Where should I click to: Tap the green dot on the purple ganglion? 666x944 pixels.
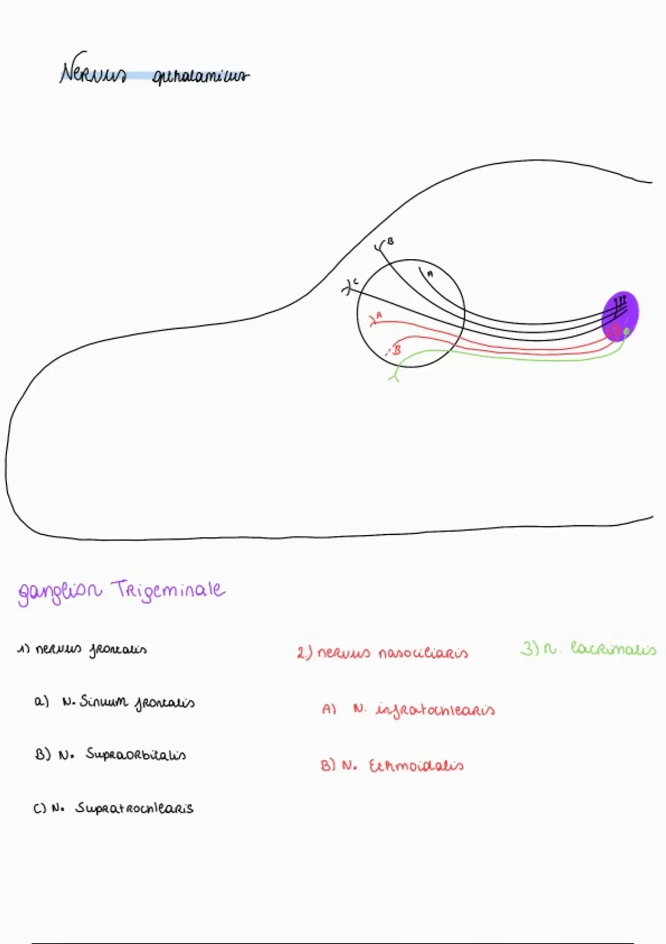(x=626, y=332)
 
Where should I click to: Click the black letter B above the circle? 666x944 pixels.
(x=391, y=242)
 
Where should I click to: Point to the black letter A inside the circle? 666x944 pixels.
(x=430, y=273)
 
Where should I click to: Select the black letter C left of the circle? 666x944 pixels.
(x=356, y=282)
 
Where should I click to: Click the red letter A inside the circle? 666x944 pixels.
(x=380, y=315)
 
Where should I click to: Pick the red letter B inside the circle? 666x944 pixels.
(x=396, y=350)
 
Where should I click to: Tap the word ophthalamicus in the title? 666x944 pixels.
(x=200, y=76)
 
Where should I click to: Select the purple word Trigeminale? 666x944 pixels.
(x=168, y=590)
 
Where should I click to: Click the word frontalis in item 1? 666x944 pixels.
(x=118, y=650)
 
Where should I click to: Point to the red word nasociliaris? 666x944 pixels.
(x=423, y=653)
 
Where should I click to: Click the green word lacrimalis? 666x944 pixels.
(x=613, y=649)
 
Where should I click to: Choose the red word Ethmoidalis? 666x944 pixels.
(x=416, y=766)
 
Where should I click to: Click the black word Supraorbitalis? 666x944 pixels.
(x=136, y=755)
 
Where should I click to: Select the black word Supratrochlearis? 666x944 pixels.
(x=134, y=808)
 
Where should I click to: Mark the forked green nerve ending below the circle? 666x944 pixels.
(x=395, y=378)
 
